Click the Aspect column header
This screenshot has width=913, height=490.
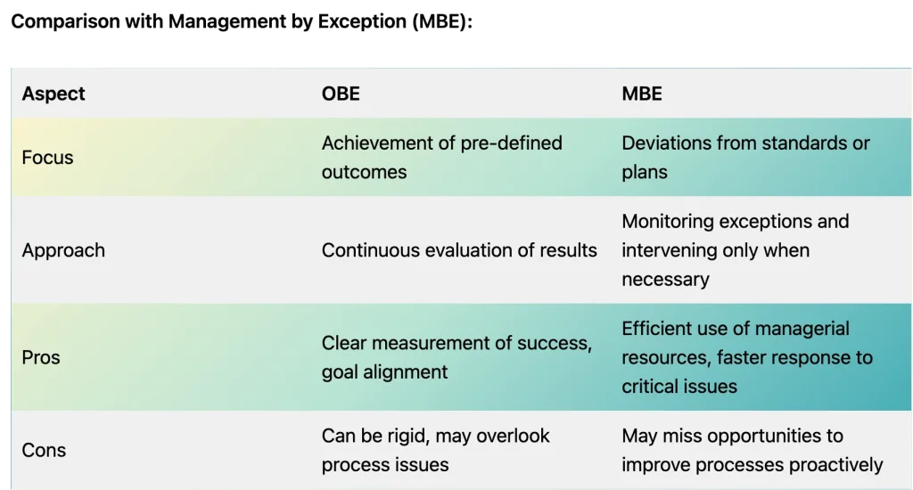[x=53, y=94]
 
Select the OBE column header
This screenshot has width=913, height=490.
[x=341, y=94]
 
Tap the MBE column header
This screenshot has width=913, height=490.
[x=642, y=94]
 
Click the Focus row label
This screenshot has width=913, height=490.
[x=48, y=158]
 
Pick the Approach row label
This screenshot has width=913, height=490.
[x=63, y=251]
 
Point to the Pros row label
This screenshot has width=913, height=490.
[x=41, y=357]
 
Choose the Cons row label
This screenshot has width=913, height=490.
[x=44, y=451]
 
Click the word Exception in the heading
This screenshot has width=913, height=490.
[x=362, y=21]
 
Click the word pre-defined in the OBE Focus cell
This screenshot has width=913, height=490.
[x=511, y=143]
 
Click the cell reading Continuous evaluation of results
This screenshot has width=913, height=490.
[x=459, y=250]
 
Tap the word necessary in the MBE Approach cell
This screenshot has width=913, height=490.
[x=665, y=280]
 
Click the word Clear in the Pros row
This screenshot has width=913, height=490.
[x=344, y=343]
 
